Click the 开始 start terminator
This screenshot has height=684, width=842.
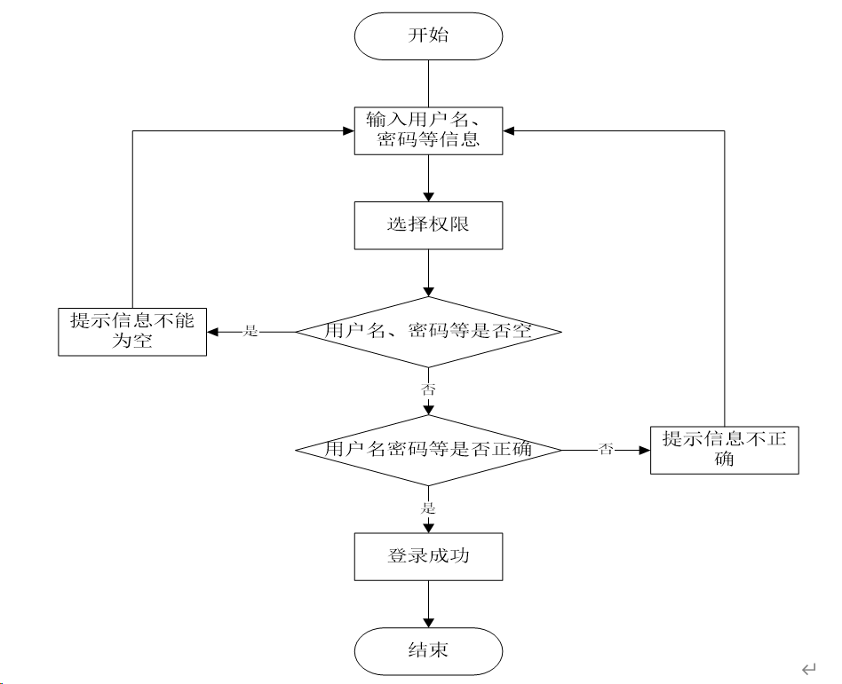point(428,36)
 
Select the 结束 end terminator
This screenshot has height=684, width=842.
point(428,651)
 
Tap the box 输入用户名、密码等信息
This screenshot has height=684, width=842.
point(428,130)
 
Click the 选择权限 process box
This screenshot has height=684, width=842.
point(428,225)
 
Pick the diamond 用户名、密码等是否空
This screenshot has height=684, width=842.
point(428,332)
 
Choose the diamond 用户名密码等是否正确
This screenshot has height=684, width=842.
point(428,450)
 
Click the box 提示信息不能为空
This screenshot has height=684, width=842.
point(132,331)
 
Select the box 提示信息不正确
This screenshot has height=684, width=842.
point(724,450)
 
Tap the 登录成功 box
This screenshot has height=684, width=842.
point(428,556)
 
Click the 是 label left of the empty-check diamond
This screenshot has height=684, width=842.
point(251,332)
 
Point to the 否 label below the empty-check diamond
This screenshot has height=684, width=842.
point(428,389)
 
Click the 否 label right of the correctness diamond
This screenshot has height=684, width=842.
point(607,450)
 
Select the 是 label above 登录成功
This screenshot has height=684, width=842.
point(428,508)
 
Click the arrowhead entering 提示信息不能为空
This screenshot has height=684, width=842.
point(213,332)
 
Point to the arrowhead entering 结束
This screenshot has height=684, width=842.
point(428,622)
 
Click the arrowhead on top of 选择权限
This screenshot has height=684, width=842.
point(428,196)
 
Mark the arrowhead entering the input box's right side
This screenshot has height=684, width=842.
point(510,130)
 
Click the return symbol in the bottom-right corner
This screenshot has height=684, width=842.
point(807,668)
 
